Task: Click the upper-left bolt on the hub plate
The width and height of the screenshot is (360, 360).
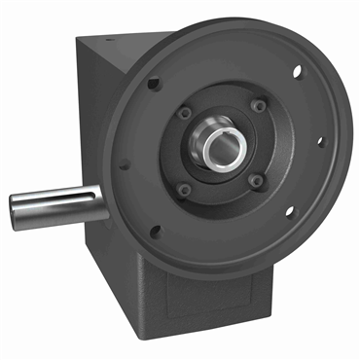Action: [185, 113]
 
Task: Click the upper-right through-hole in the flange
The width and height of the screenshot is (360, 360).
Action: [298, 71]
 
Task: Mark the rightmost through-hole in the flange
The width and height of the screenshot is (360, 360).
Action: [321, 141]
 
